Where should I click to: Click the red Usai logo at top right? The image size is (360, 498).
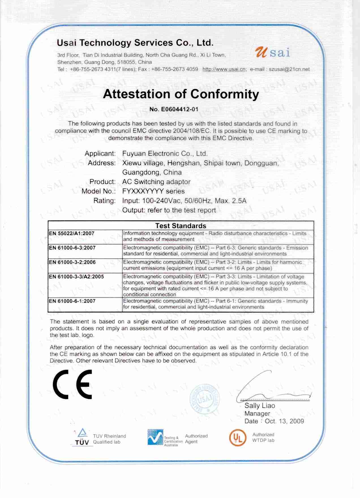tap(273, 52)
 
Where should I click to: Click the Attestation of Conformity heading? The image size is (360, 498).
tap(181, 94)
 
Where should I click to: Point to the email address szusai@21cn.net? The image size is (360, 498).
tap(289, 69)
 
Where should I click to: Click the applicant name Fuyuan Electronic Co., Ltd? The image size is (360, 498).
tap(165, 154)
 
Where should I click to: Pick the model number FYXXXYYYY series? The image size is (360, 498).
tap(153, 191)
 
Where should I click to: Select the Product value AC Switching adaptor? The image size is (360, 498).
tap(156, 182)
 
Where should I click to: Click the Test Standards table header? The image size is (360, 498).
tap(181, 226)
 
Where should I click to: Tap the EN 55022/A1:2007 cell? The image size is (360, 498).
tap(72, 233)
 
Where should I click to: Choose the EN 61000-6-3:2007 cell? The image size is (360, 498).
tap(72, 248)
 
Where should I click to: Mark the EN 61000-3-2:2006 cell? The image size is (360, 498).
tap(72, 262)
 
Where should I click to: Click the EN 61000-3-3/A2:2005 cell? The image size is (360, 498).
tap(76, 277)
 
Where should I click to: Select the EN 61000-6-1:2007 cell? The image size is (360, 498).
tap(72, 301)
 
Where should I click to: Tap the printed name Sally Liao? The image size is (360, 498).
tap(260, 406)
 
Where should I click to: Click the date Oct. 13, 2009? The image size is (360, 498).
tap(284, 421)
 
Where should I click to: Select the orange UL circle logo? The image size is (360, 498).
tap(238, 438)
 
